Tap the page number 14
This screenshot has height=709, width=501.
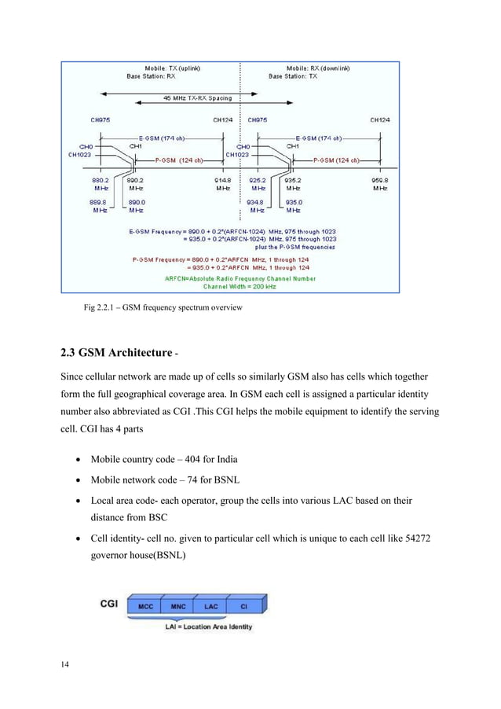coord(65,667)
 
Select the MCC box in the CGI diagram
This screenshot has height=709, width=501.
coord(145,606)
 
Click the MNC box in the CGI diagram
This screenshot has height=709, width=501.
coord(177,606)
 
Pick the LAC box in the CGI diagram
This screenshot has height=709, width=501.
coord(210,606)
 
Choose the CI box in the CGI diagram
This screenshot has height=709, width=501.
coord(244,606)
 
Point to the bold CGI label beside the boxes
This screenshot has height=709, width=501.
coord(110,605)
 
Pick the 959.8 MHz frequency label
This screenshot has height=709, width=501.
coord(380,184)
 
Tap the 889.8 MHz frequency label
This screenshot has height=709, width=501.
coord(100,207)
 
